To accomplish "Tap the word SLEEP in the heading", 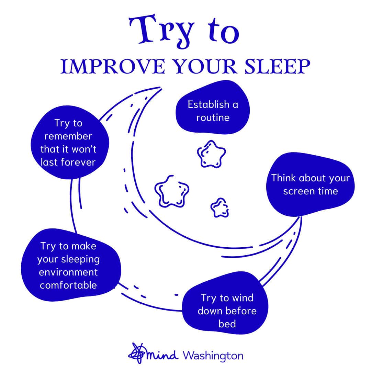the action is tap(277, 67).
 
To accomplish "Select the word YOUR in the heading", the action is tap(205, 67).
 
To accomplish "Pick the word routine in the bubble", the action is tap(213, 117).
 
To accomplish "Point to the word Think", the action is tap(283, 178).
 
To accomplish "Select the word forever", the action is tap(78, 162).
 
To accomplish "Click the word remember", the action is tap(68, 136).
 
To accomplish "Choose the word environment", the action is tap(68, 272).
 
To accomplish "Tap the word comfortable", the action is tap(68, 285).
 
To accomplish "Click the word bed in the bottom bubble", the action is tap(227, 324).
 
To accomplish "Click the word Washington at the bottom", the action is tap(213, 356).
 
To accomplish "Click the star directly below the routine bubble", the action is tap(211, 154).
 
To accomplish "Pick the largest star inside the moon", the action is tap(171, 191).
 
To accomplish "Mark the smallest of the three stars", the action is tap(220, 208).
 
